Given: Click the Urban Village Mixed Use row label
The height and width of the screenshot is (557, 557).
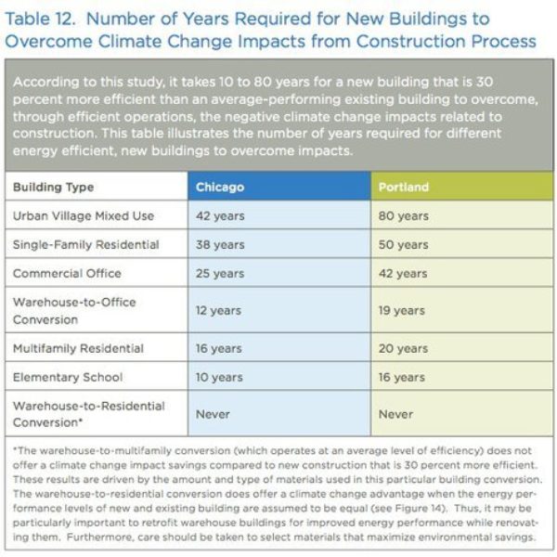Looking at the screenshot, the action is pos(84,216).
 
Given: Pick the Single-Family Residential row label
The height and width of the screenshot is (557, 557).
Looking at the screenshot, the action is pos(86,245).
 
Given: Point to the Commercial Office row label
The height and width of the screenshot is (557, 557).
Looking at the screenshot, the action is pos(67,274).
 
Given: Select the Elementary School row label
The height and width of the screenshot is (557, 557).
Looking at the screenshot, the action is pos(68,377).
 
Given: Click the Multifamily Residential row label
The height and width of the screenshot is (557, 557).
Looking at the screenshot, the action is pos(79,348).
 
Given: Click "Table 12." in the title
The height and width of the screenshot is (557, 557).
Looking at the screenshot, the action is pos(41,19).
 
